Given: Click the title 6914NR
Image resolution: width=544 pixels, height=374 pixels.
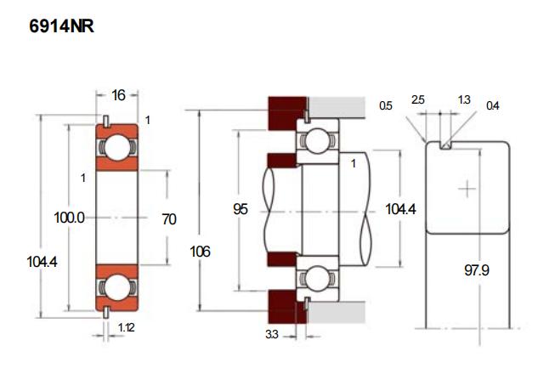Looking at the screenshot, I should (61, 26).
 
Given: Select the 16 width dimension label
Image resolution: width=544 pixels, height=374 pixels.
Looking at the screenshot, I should (118, 94).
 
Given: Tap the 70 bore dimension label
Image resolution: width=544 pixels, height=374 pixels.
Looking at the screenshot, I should (168, 219).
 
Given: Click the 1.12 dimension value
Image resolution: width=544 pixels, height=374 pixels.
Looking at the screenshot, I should (126, 327).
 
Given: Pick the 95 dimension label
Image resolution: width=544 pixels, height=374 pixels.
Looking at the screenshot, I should (241, 208).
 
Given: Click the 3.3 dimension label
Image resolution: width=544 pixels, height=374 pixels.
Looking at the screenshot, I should (271, 335).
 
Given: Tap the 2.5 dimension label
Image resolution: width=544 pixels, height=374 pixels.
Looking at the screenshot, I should (417, 100).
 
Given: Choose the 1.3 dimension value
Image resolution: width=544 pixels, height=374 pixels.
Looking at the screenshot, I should (463, 100).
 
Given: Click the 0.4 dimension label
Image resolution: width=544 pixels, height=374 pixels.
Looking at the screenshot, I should (492, 106).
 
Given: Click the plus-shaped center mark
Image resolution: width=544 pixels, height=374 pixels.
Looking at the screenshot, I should (467, 187).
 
